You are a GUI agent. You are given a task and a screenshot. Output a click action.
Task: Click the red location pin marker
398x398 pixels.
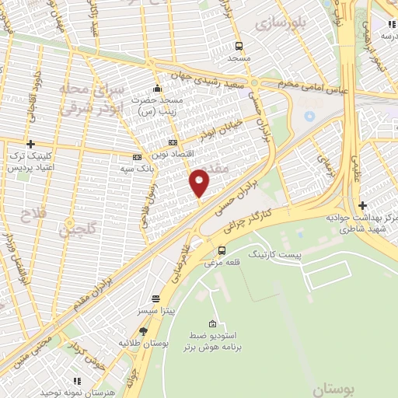pyautogui.click(x=200, y=183)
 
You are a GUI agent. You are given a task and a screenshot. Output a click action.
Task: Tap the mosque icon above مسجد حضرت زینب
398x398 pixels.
pyautogui.click(x=158, y=88)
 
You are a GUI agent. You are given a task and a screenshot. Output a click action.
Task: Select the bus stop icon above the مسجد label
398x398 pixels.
pyautogui.click(x=239, y=45)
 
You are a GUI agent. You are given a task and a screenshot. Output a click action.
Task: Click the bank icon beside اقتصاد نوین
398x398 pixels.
pyautogui.click(x=173, y=143)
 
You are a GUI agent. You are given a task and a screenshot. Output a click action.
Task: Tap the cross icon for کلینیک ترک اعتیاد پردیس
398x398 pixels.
pyautogui.click(x=30, y=144)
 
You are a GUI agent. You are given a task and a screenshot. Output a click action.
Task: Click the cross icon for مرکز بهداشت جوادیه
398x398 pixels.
pyautogui.click(x=362, y=205)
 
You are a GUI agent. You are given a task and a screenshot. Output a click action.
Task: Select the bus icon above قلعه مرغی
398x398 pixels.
pyautogui.click(x=222, y=250)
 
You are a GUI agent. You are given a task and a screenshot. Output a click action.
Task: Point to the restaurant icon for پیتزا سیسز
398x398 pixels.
pyautogui.click(x=155, y=298)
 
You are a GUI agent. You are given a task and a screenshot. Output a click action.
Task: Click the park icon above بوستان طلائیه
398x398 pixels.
pyautogui.click(x=142, y=331)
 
